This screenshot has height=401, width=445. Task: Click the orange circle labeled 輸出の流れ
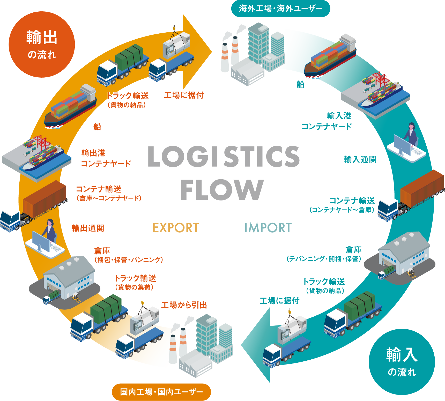[x=42, y=44]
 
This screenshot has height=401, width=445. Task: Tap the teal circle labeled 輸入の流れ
[x=402, y=362]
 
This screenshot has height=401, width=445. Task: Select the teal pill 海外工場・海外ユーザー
[x=280, y=9]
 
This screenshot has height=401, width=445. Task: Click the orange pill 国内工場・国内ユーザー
[x=161, y=392]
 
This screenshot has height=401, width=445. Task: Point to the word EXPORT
[x=176, y=228]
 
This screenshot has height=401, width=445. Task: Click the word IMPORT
[x=268, y=228]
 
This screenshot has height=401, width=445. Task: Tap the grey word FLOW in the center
[x=222, y=190]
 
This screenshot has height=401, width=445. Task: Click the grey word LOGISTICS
[x=224, y=156]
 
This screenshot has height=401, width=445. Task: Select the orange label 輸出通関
[x=88, y=228]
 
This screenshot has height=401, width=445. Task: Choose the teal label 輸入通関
[x=360, y=159]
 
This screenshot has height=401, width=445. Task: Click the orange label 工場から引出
[x=184, y=305]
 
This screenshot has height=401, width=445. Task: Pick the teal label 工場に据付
[x=279, y=301]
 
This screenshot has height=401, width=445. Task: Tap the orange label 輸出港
[x=93, y=153]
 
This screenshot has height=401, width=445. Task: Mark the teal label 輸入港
[x=339, y=116]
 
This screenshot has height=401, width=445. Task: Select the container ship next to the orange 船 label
[x=70, y=106]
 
